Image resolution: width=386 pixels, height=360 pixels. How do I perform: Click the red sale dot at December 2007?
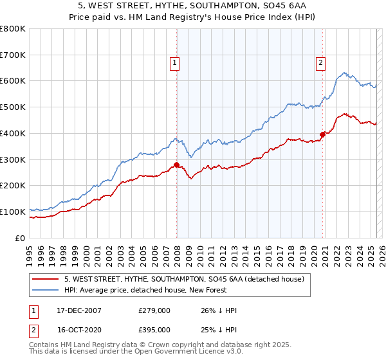(176, 165)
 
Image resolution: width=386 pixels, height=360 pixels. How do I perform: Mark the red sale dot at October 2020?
(323, 135)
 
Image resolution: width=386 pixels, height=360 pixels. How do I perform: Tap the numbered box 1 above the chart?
(174, 62)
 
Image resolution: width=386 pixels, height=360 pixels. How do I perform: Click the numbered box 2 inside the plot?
(320, 62)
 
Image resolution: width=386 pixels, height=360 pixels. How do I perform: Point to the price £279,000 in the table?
(154, 310)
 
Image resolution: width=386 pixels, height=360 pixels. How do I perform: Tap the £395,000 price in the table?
(154, 331)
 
